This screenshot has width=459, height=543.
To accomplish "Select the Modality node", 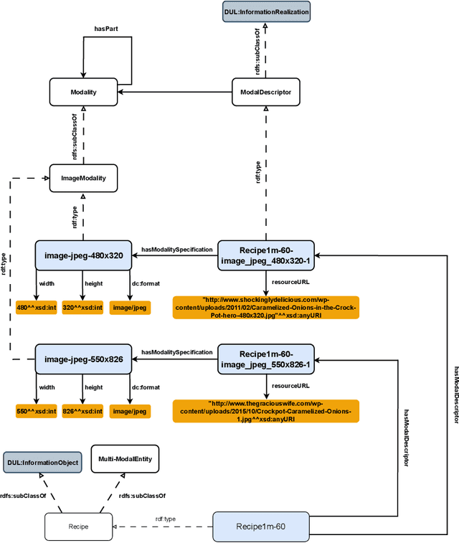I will click(82, 92).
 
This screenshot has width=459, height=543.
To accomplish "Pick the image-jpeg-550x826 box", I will click(83, 358).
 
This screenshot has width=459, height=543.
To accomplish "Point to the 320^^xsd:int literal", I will click(83, 307).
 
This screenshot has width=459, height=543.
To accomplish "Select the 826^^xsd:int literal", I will click(83, 411).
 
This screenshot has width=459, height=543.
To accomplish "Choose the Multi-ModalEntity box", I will click(125, 459).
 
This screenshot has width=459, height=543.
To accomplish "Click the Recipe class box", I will click(78, 527).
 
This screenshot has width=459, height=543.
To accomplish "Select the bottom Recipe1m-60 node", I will click(260, 527).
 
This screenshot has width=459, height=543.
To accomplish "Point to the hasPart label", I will click(105, 29).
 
